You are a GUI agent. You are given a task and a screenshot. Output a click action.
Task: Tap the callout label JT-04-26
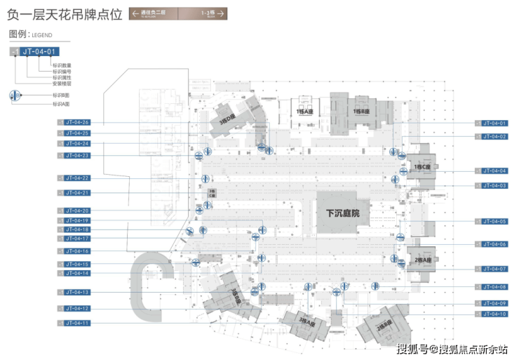(77, 122)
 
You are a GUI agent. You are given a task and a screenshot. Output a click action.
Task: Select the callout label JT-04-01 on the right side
(494, 124)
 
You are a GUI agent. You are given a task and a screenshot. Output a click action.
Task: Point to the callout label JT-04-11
(77, 323)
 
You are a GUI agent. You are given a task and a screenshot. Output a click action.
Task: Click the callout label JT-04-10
(494, 314)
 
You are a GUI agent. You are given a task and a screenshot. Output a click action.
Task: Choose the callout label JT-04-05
(494, 222)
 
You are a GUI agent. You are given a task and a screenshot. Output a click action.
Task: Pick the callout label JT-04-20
(77, 211)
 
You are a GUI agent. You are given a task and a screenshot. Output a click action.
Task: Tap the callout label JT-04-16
(77, 251)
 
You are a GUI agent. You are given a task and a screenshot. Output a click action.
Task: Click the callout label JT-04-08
(494, 287)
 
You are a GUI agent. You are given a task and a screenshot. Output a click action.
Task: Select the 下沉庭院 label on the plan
(343, 213)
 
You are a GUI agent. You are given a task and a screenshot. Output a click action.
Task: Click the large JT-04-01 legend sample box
(39, 51)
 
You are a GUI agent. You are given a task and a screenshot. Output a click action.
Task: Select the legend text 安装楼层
(62, 84)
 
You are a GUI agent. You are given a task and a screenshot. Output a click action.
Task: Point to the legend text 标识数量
(62, 65)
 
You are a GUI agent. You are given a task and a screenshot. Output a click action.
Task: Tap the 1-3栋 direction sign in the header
(207, 13)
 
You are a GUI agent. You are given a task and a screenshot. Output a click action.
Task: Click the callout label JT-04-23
(77, 155)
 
